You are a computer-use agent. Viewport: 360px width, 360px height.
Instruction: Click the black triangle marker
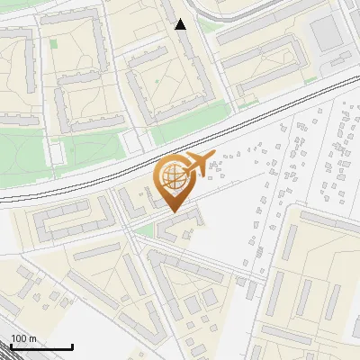[x=181, y=24]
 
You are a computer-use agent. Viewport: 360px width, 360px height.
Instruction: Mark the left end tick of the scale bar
[x=10, y=346]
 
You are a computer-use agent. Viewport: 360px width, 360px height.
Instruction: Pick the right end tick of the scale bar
[x=72, y=346]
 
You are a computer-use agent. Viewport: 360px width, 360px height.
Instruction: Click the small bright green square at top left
[x=53, y=42]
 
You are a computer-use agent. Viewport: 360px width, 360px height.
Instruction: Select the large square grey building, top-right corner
[x=327, y=33]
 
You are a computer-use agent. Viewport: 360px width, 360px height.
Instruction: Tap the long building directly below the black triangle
[x=193, y=63]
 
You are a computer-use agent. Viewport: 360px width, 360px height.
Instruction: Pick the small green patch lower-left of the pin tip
[x=144, y=231]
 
